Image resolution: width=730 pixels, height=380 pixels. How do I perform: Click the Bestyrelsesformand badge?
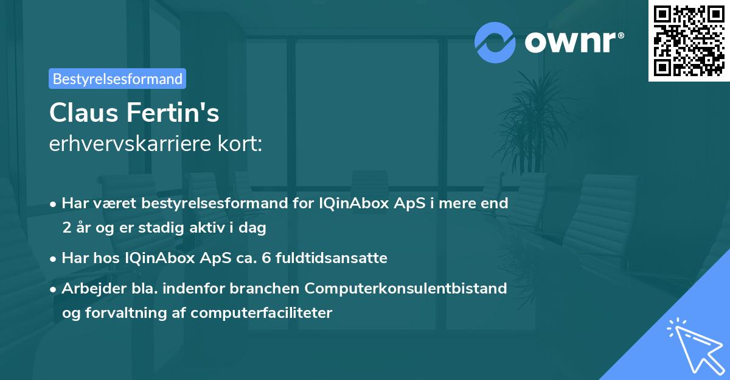[x=117, y=79]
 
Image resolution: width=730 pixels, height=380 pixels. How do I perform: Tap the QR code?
[x=689, y=41]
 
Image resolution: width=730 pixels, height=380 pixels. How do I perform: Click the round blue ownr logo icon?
[x=495, y=42]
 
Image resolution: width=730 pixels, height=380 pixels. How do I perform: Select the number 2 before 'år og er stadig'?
[x=66, y=228]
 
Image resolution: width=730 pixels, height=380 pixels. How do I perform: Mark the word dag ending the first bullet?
[x=254, y=228]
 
